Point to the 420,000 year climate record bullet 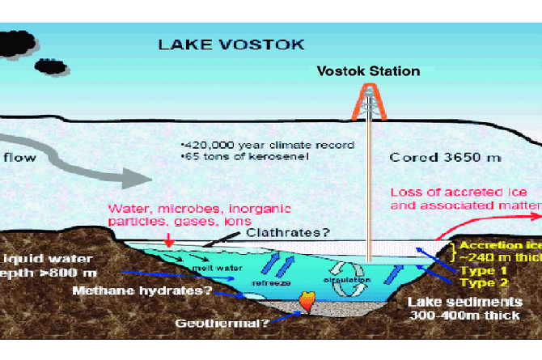[268, 146]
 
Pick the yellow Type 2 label [485, 282]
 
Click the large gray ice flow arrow [113, 162]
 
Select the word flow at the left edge [19, 157]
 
